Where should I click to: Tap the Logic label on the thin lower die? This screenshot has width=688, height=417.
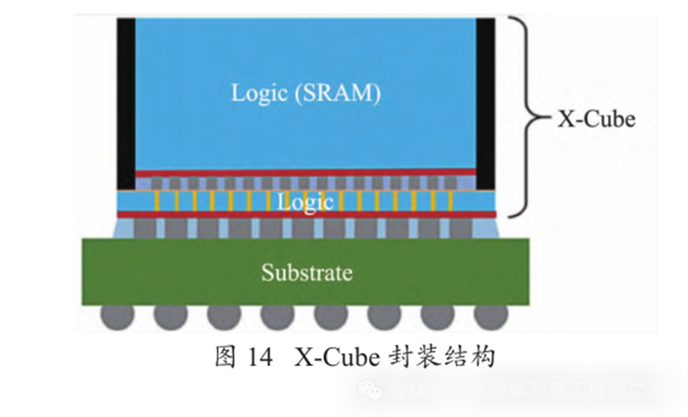(x=305, y=202)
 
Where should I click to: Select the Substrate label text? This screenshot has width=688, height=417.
(x=306, y=273)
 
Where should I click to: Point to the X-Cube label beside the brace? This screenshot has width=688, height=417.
(x=595, y=119)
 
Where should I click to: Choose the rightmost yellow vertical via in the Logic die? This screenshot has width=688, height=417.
(x=450, y=202)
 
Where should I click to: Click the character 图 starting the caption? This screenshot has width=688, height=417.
(x=226, y=356)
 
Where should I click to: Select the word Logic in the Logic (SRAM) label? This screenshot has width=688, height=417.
(x=258, y=93)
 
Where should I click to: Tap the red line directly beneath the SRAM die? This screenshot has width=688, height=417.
(x=305, y=172)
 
